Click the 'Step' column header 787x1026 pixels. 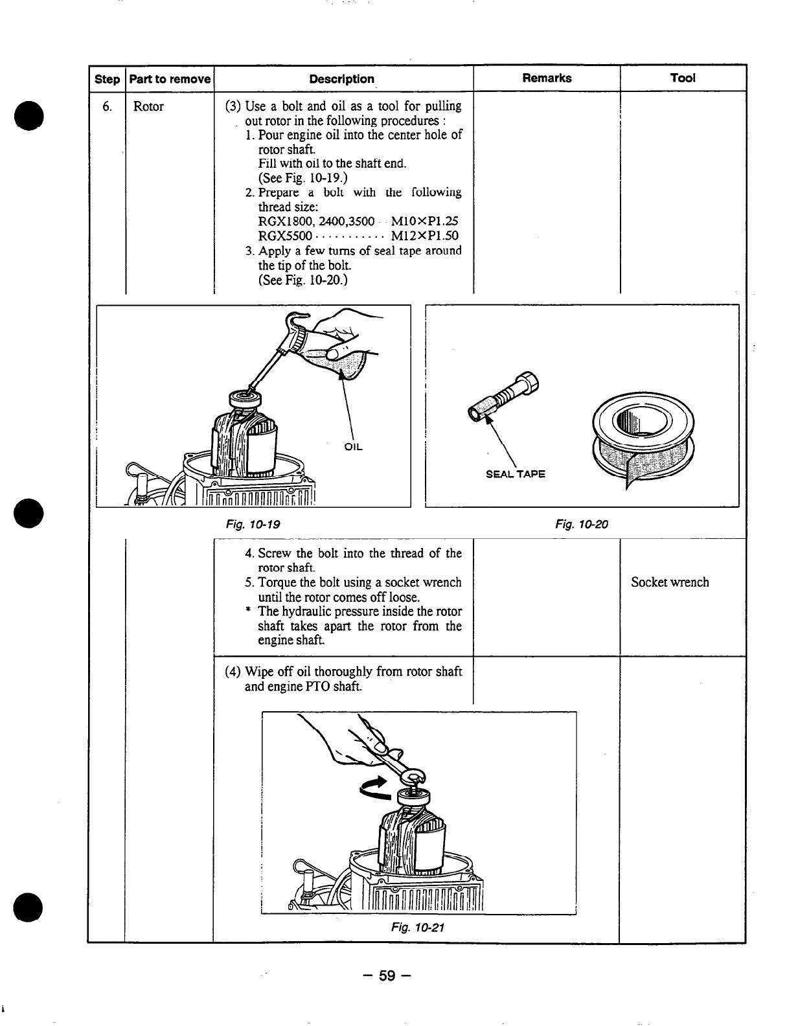[x=107, y=80]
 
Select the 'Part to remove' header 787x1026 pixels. [x=170, y=80]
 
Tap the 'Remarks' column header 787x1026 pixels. [x=547, y=78]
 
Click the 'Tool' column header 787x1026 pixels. [x=683, y=78]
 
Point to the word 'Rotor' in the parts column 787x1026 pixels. [x=148, y=107]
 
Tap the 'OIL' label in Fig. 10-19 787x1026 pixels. [x=353, y=447]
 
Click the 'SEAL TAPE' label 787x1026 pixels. [x=516, y=473]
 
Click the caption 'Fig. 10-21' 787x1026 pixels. [x=417, y=927]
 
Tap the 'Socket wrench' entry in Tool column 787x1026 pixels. [x=670, y=582]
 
